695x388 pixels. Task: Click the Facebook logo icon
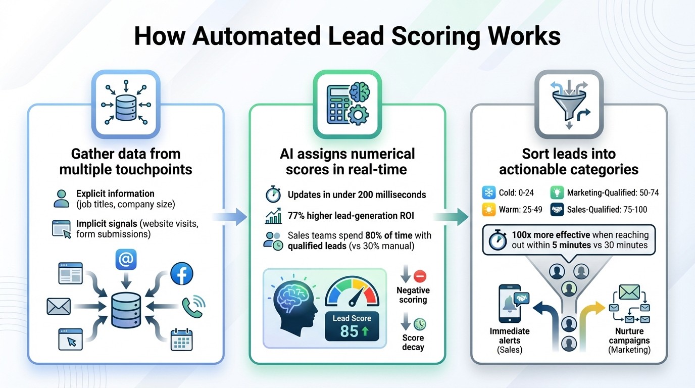point(182,274)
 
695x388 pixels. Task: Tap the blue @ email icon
point(126,260)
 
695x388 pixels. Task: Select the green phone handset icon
point(192,305)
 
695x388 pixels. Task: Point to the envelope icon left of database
point(59,306)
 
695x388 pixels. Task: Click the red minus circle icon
point(420,276)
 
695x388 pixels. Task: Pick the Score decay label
point(413,342)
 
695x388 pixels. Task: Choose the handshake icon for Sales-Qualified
point(557,209)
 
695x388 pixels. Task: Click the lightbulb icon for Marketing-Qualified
point(557,192)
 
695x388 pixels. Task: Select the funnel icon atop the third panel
point(569,104)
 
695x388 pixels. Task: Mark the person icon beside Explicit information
point(61,199)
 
